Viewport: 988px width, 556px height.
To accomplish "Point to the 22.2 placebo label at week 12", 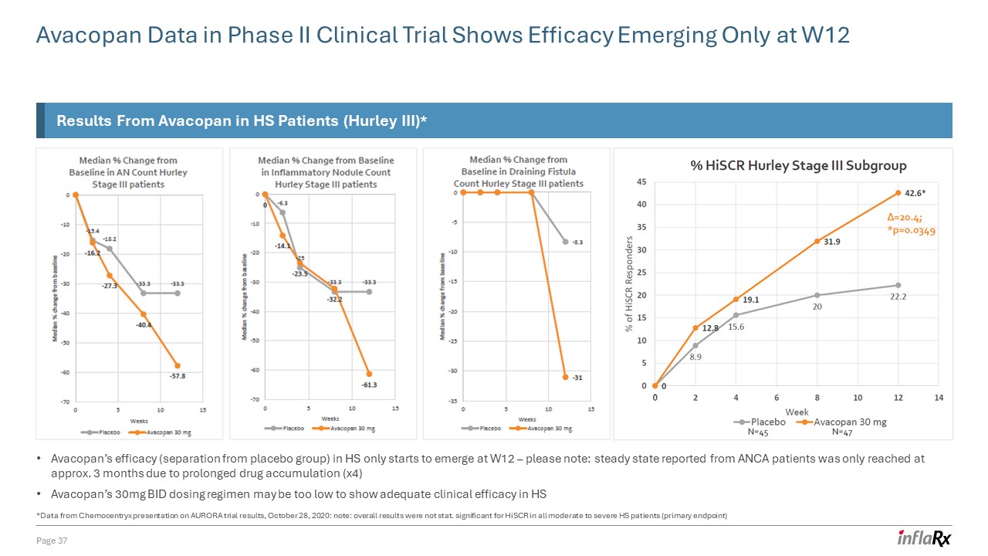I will [898, 298].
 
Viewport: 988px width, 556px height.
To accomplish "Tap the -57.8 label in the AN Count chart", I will [177, 376].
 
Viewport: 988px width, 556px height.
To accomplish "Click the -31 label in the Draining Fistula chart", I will [577, 377].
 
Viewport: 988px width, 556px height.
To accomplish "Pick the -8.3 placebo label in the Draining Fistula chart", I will [577, 242].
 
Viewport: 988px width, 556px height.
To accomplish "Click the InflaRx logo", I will [924, 538].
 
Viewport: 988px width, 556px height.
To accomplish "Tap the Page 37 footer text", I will [52, 539].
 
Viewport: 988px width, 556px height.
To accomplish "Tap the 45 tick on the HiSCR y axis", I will [641, 182].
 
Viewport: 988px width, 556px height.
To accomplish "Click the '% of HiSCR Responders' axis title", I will [631, 284].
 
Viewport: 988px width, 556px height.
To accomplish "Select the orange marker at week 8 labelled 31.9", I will [817, 241].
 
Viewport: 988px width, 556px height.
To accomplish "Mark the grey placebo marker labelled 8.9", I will [695, 345].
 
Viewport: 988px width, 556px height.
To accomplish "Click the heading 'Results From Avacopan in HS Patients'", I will [242, 121].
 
